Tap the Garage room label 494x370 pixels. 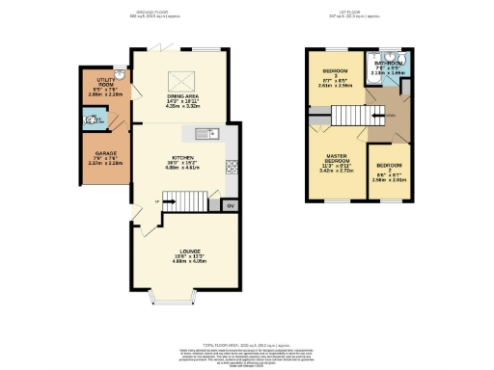[106, 157]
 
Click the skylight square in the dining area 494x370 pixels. [179, 81]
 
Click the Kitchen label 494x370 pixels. [183, 161]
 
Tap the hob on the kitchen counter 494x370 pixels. [231, 166]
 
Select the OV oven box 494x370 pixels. [230, 205]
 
